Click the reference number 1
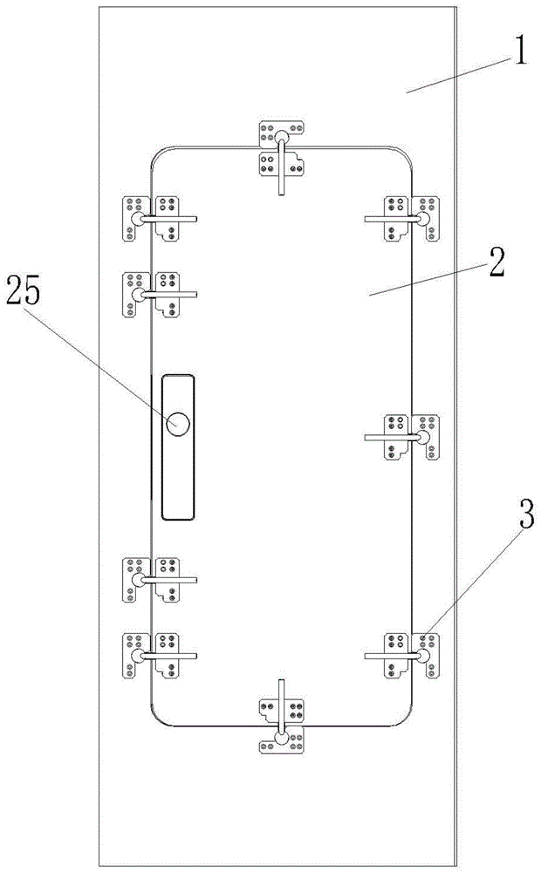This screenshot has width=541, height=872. [x=520, y=52]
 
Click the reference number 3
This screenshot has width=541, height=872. [x=527, y=514]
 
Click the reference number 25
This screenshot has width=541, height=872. [x=24, y=292]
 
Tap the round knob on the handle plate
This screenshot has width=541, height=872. [x=178, y=425]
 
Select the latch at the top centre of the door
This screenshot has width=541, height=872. [x=282, y=157]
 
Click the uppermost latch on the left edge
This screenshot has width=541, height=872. [x=160, y=219]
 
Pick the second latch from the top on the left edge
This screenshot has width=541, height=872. [x=160, y=294]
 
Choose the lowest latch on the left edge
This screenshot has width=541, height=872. [x=160, y=656]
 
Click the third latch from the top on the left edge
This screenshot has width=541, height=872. [x=160, y=580]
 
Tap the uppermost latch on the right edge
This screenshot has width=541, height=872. [x=402, y=219]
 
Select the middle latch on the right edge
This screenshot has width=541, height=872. [x=402, y=437]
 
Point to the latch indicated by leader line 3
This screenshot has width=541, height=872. [x=402, y=656]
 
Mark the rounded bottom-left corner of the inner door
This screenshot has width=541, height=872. [x=156, y=720]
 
